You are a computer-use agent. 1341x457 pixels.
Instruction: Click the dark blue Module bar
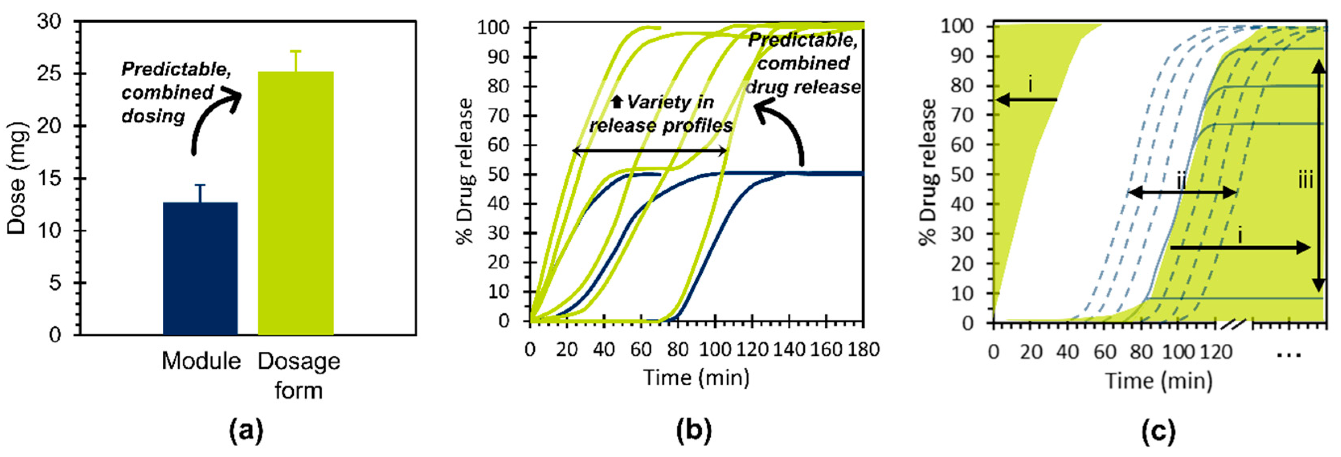point(200,268)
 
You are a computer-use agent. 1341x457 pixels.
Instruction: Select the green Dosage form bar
point(296,203)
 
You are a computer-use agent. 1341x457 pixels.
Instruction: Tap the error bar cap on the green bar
point(296,51)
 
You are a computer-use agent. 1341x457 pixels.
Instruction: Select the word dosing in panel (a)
point(153,116)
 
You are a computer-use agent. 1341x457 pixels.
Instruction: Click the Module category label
point(201,361)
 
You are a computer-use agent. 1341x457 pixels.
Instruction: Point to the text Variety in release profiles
point(661,114)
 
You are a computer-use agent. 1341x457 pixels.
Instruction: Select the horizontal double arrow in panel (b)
point(649,151)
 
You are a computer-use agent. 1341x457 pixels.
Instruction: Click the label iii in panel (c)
point(1305,181)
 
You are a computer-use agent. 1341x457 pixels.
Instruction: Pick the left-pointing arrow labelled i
point(1026,100)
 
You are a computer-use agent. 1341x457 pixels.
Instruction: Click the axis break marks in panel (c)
point(1233,326)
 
